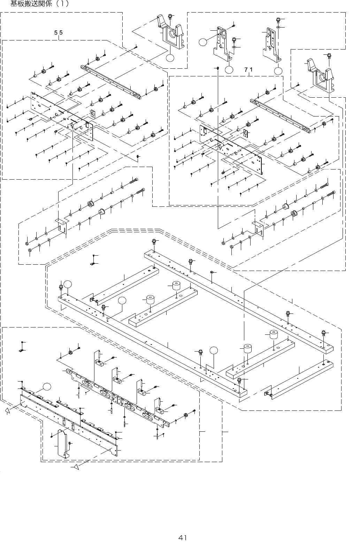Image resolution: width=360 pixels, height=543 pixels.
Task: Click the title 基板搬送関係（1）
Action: (40, 4)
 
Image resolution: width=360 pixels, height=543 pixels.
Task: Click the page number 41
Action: (182, 537)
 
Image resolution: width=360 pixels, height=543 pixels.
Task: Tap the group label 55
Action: (58, 33)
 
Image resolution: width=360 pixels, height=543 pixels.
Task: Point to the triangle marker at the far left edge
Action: (6, 412)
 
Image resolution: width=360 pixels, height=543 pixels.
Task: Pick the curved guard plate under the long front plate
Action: (62, 443)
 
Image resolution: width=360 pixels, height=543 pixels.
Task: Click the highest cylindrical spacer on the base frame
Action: (176, 286)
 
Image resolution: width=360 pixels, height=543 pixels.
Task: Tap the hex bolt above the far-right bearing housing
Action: (329, 55)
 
